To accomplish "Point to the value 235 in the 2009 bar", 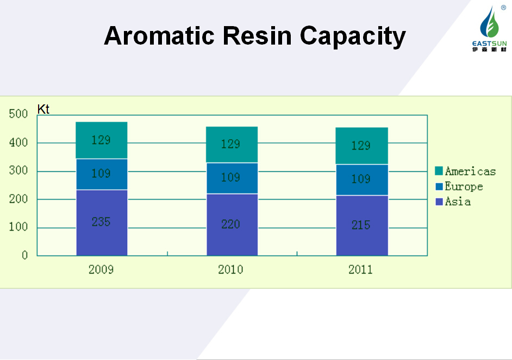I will (101, 222).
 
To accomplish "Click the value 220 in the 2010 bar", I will (231, 224).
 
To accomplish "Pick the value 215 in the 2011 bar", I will (361, 225).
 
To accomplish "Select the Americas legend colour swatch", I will (439, 172).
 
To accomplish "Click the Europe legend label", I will (464, 187).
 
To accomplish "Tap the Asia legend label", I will (458, 202).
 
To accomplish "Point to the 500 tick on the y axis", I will (18, 114).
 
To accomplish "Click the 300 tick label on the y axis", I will (18, 171).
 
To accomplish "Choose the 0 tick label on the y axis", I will (25, 256).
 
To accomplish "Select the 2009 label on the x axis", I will (101, 270).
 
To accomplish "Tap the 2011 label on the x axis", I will (361, 270).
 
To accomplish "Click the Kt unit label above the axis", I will (43, 109).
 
